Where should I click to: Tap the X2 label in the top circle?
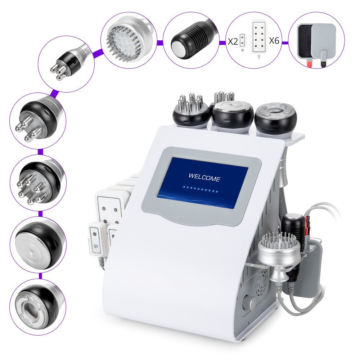(x=233, y=41)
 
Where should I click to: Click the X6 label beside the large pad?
(x=274, y=41)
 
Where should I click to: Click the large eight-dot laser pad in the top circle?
(x=259, y=38)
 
